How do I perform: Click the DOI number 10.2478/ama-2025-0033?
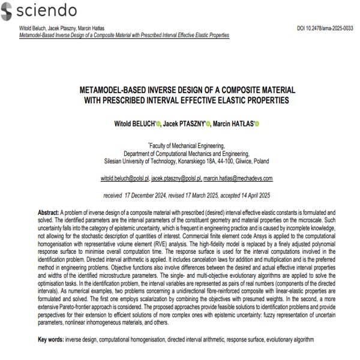tap(325, 28)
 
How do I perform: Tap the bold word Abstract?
tap(48, 212)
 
